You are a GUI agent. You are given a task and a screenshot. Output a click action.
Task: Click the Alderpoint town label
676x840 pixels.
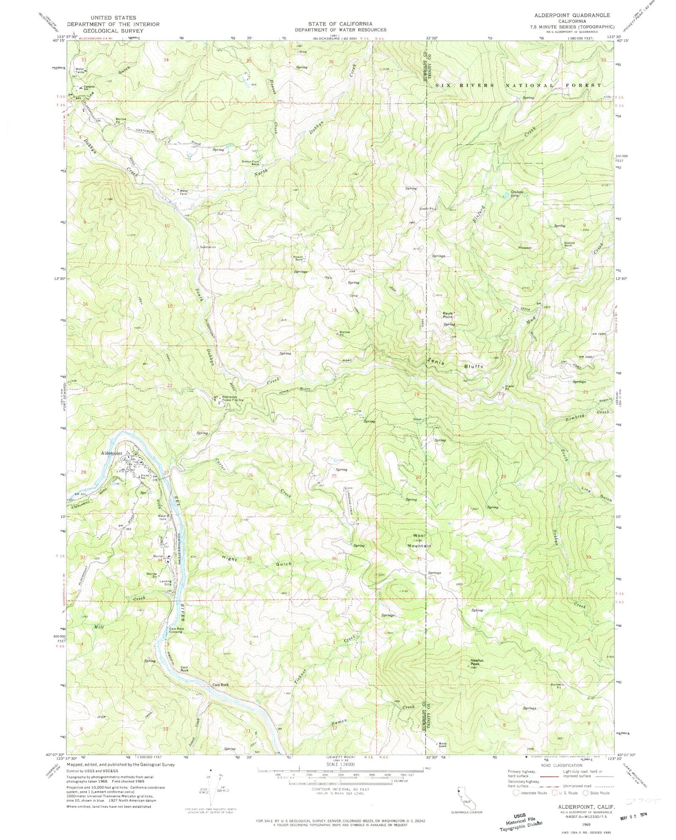click(x=112, y=453)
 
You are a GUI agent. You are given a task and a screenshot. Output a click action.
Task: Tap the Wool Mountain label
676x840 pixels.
click(x=419, y=541)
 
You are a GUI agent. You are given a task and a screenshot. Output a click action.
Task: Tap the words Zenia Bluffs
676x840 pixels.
click(x=454, y=363)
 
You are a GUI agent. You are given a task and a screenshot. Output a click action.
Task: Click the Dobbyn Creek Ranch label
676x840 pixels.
click(x=250, y=163)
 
